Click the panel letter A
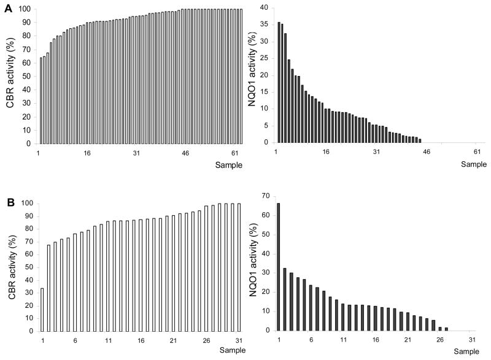coord(7,8)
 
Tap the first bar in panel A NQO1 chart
coord(279,82)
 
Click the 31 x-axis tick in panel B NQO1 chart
coord(471,340)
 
